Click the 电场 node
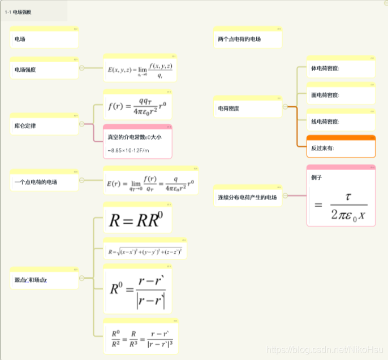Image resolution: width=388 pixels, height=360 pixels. coord(44,39)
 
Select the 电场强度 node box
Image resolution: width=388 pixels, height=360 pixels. coord(44,70)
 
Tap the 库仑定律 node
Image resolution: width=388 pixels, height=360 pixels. coord(44,125)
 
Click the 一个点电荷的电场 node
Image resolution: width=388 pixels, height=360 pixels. coord(44,182)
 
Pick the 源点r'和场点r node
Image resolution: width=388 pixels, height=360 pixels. coord(44,280)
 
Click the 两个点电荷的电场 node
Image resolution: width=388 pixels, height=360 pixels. coord(247,39)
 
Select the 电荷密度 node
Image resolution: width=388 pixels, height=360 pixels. coord(247,108)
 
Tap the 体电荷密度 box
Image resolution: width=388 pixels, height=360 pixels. coord(340,68)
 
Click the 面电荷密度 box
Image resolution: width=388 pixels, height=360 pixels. coord(340,95)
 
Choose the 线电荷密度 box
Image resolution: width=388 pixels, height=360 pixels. coord(340,122)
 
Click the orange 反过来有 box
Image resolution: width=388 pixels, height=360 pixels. coord(340,148)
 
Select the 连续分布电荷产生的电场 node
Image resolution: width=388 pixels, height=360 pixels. coord(247,197)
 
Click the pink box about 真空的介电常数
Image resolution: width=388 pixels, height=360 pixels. coord(137,143)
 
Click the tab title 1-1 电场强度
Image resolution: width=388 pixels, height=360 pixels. coord(18,11)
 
